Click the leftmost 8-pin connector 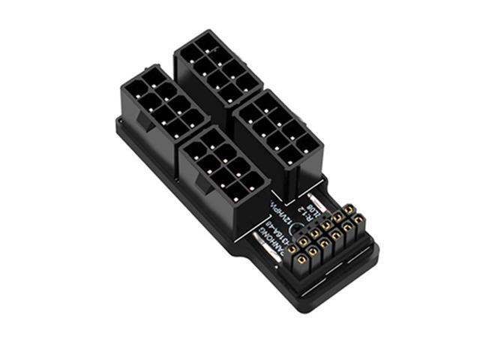(x=163, y=104)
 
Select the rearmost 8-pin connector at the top (x=217, y=67)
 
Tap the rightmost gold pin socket (x=360, y=220)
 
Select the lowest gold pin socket (x=301, y=260)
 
